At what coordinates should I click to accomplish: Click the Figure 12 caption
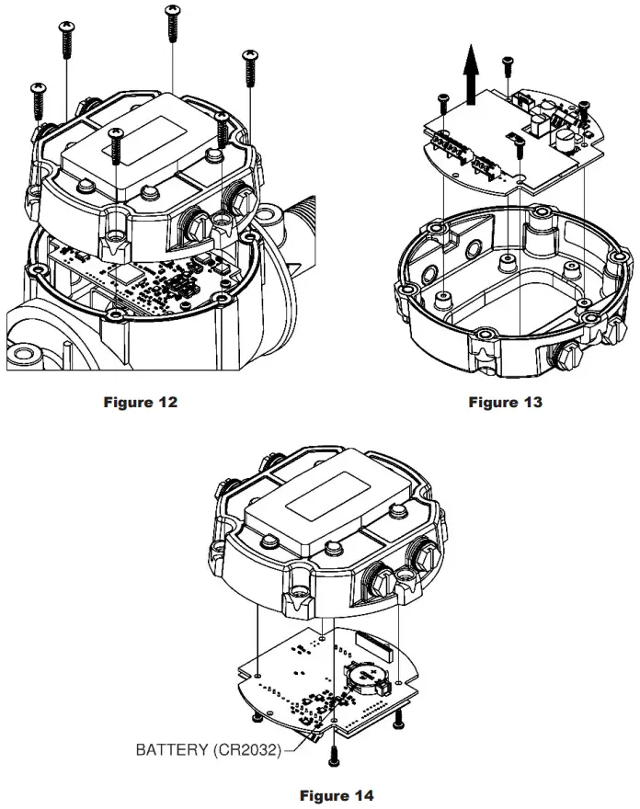[141, 402]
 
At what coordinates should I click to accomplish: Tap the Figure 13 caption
[505, 402]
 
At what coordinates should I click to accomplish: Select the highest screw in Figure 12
[171, 22]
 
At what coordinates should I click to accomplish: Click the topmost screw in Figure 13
[507, 67]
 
